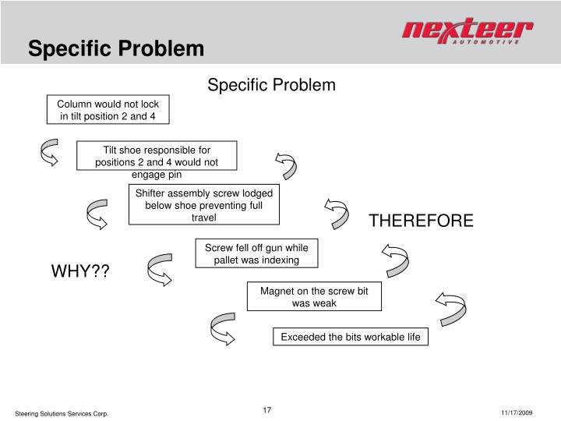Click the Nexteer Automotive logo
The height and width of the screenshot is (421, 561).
[467, 33]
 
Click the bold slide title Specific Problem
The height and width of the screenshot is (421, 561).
[116, 48]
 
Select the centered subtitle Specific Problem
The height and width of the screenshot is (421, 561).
[271, 84]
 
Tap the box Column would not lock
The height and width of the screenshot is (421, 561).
[108, 111]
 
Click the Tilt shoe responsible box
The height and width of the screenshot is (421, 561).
[157, 156]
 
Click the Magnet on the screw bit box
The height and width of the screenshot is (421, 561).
[314, 296]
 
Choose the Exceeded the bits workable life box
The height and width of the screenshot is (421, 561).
[350, 337]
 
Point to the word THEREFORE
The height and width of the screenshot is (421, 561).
[421, 221]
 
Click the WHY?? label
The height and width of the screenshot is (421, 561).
[80, 271]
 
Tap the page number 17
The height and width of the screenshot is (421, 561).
[266, 410]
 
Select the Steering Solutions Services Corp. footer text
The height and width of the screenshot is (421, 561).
[62, 412]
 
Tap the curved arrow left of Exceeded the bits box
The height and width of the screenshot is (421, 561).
[222, 328]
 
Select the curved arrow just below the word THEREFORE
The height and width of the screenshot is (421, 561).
[395, 260]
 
